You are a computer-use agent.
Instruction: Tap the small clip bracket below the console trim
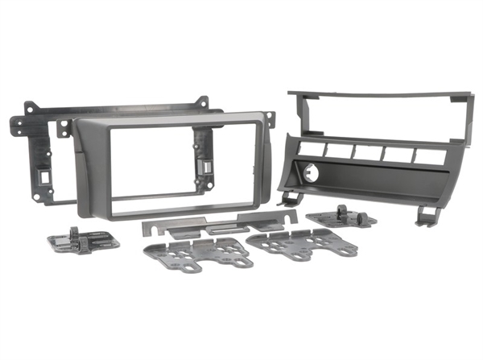pos(342,216)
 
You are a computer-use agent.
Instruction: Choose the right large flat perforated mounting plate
pos(302,242)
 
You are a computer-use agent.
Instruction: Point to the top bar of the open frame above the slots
pos(378,94)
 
